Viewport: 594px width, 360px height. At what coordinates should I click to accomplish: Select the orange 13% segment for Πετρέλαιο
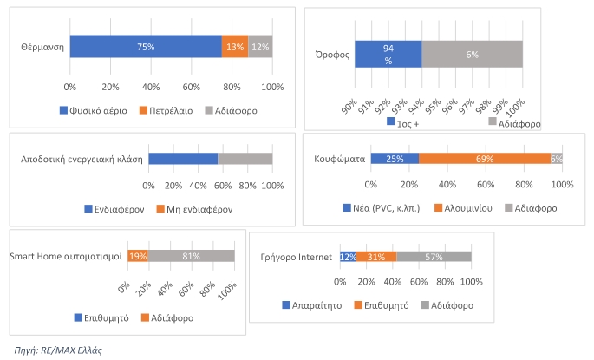tap(234, 47)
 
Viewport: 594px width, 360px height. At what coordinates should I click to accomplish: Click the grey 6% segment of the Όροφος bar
tap(472, 54)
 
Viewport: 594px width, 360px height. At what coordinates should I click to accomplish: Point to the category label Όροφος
tap(332, 54)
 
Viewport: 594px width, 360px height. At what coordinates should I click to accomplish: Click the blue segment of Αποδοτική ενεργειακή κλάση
tap(183, 159)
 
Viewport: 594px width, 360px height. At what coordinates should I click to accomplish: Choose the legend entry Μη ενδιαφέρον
tap(199, 209)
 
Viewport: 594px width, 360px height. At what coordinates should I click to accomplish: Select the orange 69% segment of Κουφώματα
tap(485, 159)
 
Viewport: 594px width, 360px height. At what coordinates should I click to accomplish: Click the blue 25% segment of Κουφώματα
tap(395, 159)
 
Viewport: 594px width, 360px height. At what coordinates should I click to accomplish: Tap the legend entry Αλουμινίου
tap(467, 208)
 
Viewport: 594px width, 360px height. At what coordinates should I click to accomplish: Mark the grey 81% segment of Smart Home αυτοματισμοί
tap(192, 256)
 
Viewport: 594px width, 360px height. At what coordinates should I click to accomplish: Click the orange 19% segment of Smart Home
tap(137, 256)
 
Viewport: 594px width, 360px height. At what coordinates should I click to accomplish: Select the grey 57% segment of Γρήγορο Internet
tap(434, 257)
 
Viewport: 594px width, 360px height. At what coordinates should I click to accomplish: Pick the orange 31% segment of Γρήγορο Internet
tap(376, 257)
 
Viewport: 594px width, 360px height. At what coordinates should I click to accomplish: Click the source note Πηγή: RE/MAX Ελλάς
tap(59, 350)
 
